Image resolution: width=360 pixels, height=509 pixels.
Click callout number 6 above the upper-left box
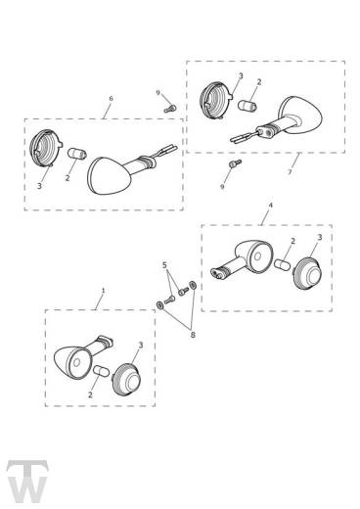pyautogui.click(x=111, y=98)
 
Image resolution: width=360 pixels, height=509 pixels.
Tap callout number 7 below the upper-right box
pyautogui.click(x=290, y=172)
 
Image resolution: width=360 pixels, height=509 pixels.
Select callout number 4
pyautogui.click(x=270, y=206)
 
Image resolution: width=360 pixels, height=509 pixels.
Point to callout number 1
pyautogui.click(x=104, y=290)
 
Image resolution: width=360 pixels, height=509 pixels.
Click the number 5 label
pyautogui.click(x=164, y=265)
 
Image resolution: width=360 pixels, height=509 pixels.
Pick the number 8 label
pyautogui.click(x=193, y=335)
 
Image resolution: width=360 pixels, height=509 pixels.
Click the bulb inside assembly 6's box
pyautogui.click(x=77, y=154)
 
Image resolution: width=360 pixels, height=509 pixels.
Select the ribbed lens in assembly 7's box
pyautogui.click(x=215, y=100)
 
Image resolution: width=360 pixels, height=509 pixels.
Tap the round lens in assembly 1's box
pyautogui.click(x=126, y=380)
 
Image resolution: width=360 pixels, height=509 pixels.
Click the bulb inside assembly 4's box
pyautogui.click(x=283, y=264)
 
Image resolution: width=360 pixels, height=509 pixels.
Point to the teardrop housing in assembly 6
pyautogui.click(x=110, y=176)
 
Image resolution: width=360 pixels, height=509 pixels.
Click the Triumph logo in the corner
pyautogui.click(x=27, y=482)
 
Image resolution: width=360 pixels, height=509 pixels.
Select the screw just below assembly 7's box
pyautogui.click(x=236, y=163)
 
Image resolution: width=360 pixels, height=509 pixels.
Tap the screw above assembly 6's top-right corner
pyautogui.click(x=170, y=109)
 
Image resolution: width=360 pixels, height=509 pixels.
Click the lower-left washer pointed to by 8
pyautogui.click(x=159, y=305)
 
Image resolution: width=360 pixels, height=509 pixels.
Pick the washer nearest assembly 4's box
pyautogui.click(x=193, y=285)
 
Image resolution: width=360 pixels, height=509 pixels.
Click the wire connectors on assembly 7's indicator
pyautogui.click(x=242, y=137)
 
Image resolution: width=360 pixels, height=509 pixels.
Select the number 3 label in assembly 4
pyautogui.click(x=320, y=238)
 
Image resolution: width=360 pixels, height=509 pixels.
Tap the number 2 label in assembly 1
pyautogui.click(x=90, y=394)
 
